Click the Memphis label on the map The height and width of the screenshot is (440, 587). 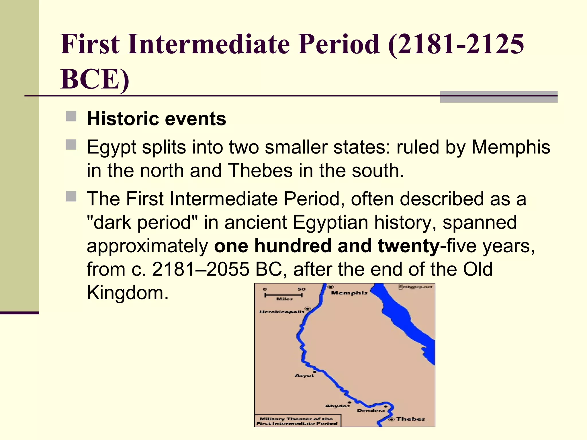tap(349, 293)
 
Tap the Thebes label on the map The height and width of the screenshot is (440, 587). tap(410, 419)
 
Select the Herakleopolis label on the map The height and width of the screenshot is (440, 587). tap(281, 312)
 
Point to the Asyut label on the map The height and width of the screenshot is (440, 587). tap(304, 376)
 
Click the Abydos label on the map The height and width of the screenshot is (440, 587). tap(337, 406)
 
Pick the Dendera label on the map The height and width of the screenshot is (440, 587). tap(371, 410)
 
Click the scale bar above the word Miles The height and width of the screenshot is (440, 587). tap(283, 295)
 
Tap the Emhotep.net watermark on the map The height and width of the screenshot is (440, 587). tap(416, 287)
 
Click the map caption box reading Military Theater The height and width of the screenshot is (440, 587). tap(297, 421)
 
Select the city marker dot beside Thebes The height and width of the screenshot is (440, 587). tap(392, 419)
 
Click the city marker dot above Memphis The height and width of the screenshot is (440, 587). tap(330, 287)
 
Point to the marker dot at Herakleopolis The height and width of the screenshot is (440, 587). tap(308, 309)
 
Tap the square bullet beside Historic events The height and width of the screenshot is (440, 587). tap(71, 117)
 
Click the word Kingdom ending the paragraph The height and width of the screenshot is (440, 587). tap(128, 293)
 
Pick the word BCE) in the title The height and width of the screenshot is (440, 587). tap(95, 79)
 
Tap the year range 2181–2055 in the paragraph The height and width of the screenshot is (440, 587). tap(200, 269)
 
